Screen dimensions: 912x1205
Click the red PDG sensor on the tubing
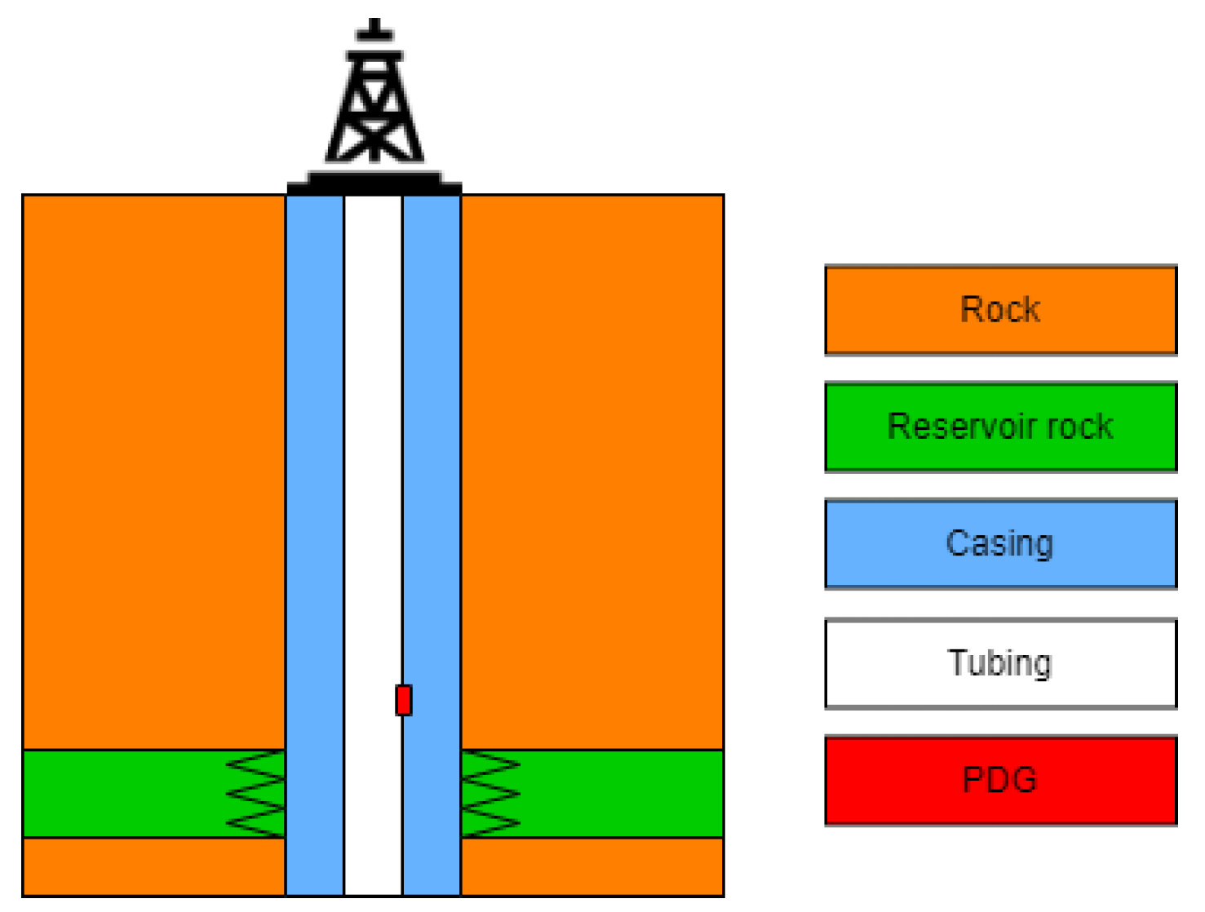tap(403, 700)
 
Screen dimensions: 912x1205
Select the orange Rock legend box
tap(1000, 310)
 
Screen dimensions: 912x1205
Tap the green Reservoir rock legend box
tap(1000, 427)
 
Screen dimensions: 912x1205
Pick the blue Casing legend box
tap(1000, 543)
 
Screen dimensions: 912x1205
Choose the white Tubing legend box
tap(1000, 663)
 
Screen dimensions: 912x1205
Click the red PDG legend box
tap(1000, 781)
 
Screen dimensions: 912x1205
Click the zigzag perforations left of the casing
tap(255, 794)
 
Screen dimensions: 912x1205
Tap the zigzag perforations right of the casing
tap(490, 794)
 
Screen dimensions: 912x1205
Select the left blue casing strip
tap(315, 489)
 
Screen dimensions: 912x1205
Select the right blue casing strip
tap(432, 489)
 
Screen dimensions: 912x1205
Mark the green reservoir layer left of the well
tap(122, 794)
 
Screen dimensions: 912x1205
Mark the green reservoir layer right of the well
tap(620, 794)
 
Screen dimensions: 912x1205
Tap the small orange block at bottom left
tap(153, 867)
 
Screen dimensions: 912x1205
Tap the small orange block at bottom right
tap(592, 867)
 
